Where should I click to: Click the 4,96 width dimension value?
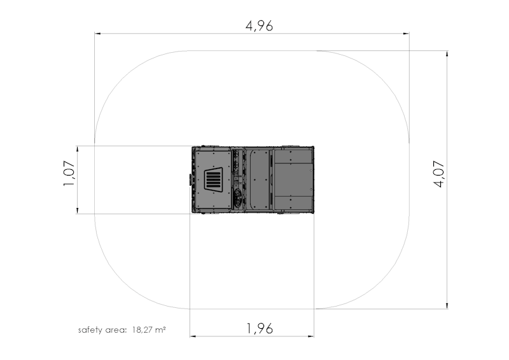tap(259, 26)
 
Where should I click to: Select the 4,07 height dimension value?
tap(439, 174)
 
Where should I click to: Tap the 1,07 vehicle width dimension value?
tap(69, 174)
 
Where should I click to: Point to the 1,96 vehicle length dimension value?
tap(260, 328)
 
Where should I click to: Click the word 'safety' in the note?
tap(90, 330)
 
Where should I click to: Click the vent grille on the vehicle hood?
tap(213, 179)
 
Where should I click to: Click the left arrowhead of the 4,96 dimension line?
tap(97, 34)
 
